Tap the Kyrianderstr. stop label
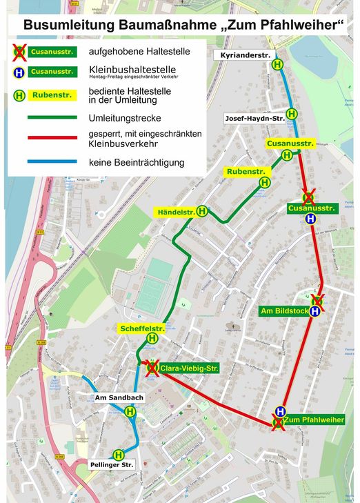click(x=243, y=55)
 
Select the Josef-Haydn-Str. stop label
click(x=254, y=119)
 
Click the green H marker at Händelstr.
click(x=202, y=211)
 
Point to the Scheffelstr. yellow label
click(x=142, y=328)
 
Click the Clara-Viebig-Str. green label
click(x=189, y=368)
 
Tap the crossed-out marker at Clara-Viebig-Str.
click(x=152, y=368)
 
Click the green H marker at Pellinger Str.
click(x=119, y=455)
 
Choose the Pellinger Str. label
click(x=111, y=466)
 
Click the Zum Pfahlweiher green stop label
click(x=313, y=420)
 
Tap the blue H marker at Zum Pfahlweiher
click(x=281, y=411)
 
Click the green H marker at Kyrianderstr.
click(x=277, y=64)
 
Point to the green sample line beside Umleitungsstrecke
click(x=52, y=117)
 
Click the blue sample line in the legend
click(x=52, y=161)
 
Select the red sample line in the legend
click(x=52, y=138)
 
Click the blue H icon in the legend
click(x=20, y=71)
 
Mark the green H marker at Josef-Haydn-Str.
click(x=292, y=114)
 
